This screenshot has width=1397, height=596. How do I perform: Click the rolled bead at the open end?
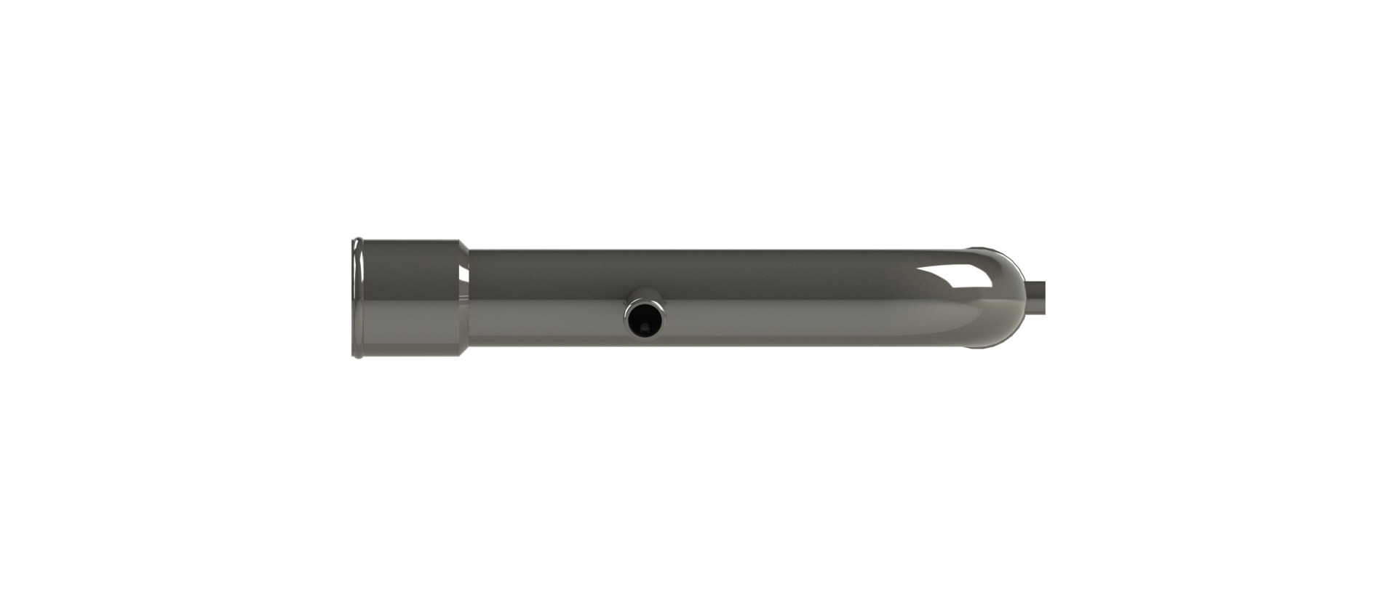(356, 298)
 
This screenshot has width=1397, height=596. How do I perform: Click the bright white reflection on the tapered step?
(463, 274)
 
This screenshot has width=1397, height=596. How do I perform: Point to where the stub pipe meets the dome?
(1025, 298)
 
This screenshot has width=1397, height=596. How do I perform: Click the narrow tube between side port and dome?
(800, 298)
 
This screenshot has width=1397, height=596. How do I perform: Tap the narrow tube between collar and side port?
(546, 298)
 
